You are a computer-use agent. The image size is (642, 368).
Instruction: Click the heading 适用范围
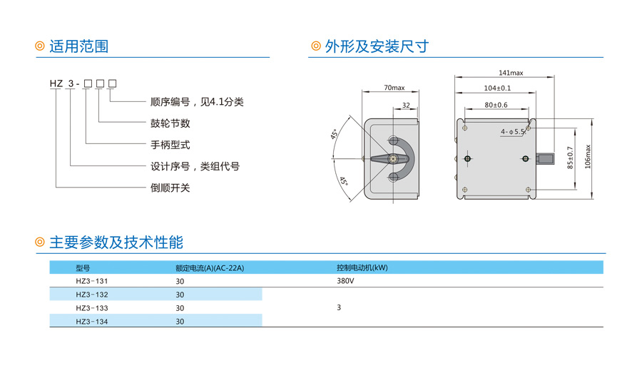pyautogui.click(x=78, y=46)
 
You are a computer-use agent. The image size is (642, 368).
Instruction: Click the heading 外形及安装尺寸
pyautogui.click(x=377, y=46)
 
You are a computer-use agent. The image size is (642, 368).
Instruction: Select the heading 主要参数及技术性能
pyautogui.click(x=116, y=242)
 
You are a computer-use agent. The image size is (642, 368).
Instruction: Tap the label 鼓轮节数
pyautogui.click(x=170, y=123)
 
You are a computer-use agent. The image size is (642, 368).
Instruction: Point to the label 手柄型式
pyautogui.click(x=170, y=145)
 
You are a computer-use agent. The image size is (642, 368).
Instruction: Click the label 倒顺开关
pyautogui.click(x=170, y=188)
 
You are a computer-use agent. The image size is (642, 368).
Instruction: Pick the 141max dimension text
pyautogui.click(x=511, y=73)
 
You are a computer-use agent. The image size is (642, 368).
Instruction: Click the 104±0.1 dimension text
pyautogui.click(x=497, y=88)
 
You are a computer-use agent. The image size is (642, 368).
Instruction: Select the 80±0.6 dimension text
pyautogui.click(x=496, y=106)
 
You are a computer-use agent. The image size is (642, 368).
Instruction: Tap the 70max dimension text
pyautogui.click(x=394, y=88)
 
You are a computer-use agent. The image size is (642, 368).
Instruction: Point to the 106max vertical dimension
pyautogui.click(x=588, y=156)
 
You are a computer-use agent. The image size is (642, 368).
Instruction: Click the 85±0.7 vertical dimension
pyautogui.click(x=570, y=158)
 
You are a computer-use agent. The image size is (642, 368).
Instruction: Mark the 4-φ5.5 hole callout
pyautogui.click(x=513, y=131)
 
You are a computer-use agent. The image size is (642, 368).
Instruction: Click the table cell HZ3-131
pyautogui.click(x=92, y=281)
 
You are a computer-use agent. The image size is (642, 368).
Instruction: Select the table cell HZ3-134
pyautogui.click(x=92, y=322)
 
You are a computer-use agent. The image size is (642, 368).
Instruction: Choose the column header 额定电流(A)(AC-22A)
pyautogui.click(x=210, y=268)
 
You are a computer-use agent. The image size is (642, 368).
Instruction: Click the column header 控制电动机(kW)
pyautogui.click(x=362, y=267)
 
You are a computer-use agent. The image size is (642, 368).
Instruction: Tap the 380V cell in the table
pyautogui.click(x=345, y=281)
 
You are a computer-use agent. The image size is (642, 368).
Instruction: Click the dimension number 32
pyautogui.click(x=406, y=106)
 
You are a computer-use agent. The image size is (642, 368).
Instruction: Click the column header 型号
pyautogui.click(x=83, y=268)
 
